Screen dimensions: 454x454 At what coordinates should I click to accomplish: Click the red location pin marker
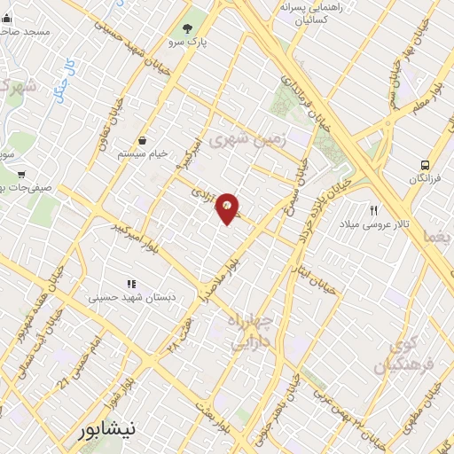coord(228,208)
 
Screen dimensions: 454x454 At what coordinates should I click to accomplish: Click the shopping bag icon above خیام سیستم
coord(143,140)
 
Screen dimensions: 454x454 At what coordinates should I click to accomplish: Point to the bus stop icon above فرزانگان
coord(426,165)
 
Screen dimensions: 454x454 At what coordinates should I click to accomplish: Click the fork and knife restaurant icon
coord(374,211)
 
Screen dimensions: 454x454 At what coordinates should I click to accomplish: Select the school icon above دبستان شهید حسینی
coord(130,284)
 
